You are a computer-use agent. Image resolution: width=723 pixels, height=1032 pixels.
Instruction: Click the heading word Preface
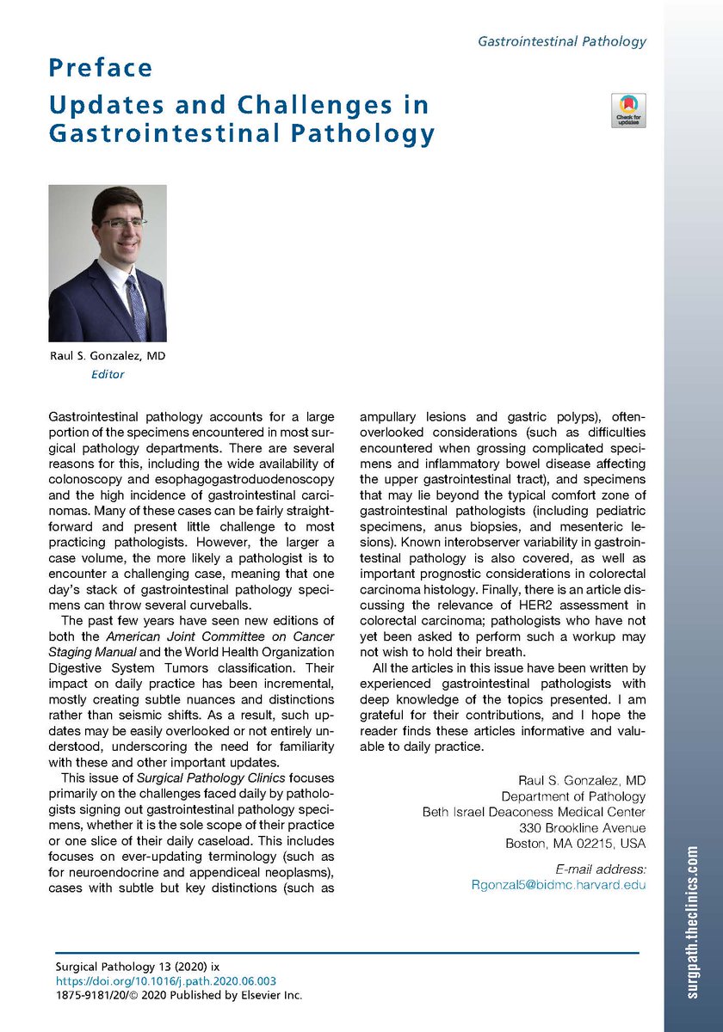point(101,67)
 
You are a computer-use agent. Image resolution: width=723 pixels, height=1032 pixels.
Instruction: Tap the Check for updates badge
point(627,110)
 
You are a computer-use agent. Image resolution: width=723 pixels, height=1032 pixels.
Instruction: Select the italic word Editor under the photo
point(108,374)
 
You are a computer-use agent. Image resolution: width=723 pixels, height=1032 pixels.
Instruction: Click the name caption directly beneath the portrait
point(108,356)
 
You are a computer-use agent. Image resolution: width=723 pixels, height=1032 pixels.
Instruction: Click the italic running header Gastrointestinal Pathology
point(562,40)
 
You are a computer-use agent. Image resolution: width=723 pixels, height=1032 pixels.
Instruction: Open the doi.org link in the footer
point(166,980)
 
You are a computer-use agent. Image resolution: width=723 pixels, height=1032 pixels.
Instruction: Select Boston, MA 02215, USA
point(575,843)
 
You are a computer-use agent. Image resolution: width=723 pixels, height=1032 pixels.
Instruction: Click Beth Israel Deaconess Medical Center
point(534,812)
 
